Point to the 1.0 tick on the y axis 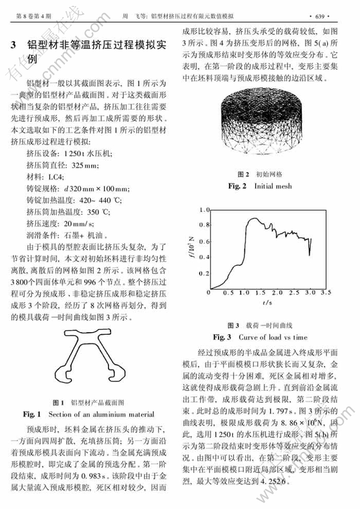(x=204, y=210)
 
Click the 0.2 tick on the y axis (x=204, y=274)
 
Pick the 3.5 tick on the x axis (x=325, y=292)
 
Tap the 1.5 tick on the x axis (x=260, y=292)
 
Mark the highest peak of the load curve (x=251, y=219)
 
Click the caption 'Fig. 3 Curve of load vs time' (x=260, y=337)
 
